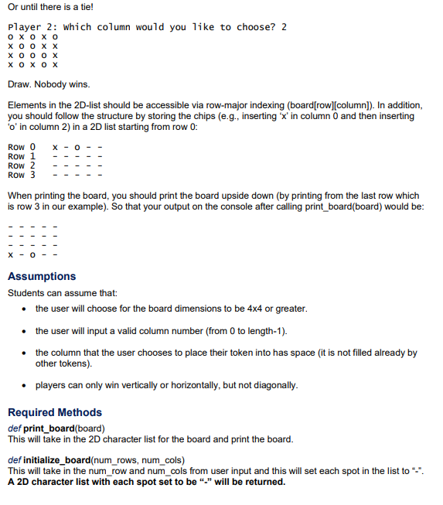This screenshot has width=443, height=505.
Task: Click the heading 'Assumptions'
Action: coord(42,276)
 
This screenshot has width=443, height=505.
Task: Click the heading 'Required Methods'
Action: coord(55,412)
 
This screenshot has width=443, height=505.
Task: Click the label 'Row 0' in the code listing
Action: coord(22,147)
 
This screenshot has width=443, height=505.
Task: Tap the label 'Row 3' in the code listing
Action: coord(22,175)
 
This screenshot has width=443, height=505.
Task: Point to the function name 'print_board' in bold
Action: coord(50,428)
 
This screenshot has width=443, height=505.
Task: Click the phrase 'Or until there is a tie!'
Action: coord(50,7)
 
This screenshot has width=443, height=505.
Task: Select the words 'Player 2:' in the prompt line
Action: coord(32,27)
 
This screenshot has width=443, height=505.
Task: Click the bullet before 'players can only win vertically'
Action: coord(26,385)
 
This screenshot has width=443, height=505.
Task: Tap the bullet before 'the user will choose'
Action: coord(26,309)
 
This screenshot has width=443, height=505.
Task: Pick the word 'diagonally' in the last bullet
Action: coord(274,385)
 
